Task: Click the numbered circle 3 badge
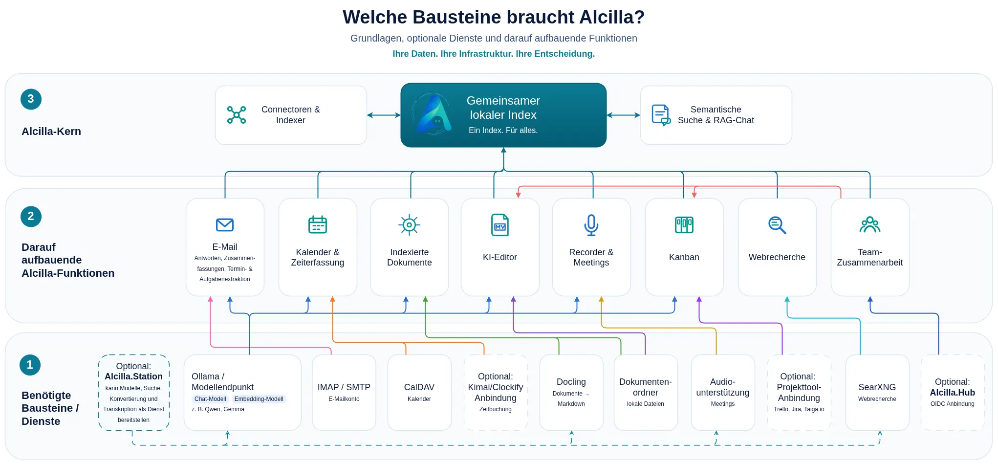pyautogui.click(x=31, y=99)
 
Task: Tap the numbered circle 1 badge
pyautogui.click(x=30, y=365)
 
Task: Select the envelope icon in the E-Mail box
pyautogui.click(x=225, y=224)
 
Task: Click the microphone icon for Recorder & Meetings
pyautogui.click(x=591, y=225)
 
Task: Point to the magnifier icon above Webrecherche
pyautogui.click(x=777, y=225)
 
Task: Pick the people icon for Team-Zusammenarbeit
pyautogui.click(x=870, y=224)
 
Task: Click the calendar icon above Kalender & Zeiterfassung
pyautogui.click(x=318, y=224)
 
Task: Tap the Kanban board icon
pyautogui.click(x=684, y=225)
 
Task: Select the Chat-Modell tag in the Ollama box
pyautogui.click(x=210, y=399)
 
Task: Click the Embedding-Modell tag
pyautogui.click(x=259, y=399)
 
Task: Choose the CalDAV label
pyautogui.click(x=419, y=387)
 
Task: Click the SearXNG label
pyautogui.click(x=877, y=387)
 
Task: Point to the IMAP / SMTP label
pyautogui.click(x=344, y=387)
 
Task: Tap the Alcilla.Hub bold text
pyautogui.click(x=953, y=393)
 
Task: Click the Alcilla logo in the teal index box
pyautogui.click(x=433, y=115)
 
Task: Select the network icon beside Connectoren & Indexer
pyautogui.click(x=237, y=115)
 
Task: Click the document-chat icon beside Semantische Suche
pyautogui.click(x=661, y=115)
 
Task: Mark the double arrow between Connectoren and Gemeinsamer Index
pyautogui.click(x=384, y=115)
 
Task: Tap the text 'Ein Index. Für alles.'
pyautogui.click(x=503, y=130)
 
